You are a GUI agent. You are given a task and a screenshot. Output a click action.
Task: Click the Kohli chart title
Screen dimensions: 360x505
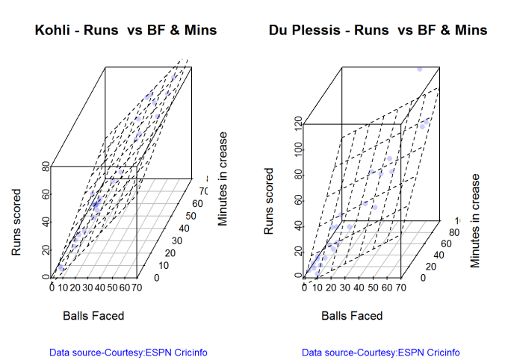[126, 31]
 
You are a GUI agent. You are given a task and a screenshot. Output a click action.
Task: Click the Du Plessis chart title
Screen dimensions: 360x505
[377, 31]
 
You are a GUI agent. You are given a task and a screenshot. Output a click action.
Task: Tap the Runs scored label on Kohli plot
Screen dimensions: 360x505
[16, 222]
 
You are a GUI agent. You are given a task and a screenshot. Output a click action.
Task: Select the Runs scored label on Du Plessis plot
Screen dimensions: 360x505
[270, 202]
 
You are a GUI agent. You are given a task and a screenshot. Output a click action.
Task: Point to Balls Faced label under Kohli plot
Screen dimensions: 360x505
[93, 316]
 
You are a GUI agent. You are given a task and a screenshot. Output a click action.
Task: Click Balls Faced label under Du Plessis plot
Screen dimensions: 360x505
[352, 316]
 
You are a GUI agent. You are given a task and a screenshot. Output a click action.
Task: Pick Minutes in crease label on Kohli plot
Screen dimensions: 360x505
[223, 179]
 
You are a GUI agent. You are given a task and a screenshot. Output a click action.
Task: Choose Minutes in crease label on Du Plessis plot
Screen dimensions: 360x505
[475, 221]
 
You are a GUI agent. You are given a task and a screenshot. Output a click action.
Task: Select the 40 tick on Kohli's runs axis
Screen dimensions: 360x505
[45, 222]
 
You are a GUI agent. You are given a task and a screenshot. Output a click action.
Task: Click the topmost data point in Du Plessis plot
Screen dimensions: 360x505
[420, 69]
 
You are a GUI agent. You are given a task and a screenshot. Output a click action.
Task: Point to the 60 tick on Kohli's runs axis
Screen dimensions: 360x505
[45, 194]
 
